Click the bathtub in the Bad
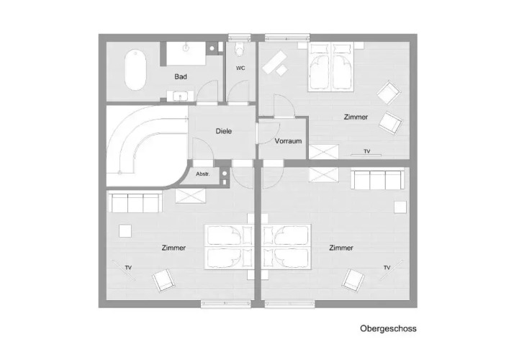[x=135, y=70]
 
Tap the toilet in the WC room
[x=240, y=50]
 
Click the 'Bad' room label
[x=181, y=77]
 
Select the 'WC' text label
[x=240, y=68]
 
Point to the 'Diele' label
[x=224, y=131]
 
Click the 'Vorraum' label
[x=288, y=141]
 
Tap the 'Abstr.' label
[x=203, y=174]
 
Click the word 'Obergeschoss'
[x=388, y=328]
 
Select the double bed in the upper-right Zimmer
[x=330, y=67]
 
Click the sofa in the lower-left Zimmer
[x=135, y=202]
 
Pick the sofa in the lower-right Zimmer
[x=377, y=179]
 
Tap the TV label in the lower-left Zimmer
[x=128, y=268]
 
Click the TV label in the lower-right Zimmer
[x=387, y=268]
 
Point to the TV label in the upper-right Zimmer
[x=367, y=151]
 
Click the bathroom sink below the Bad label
[x=180, y=96]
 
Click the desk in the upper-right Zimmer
[x=274, y=62]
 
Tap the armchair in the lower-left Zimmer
[x=163, y=280]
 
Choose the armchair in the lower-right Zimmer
[x=353, y=280]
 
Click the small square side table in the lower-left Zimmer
[x=125, y=231]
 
